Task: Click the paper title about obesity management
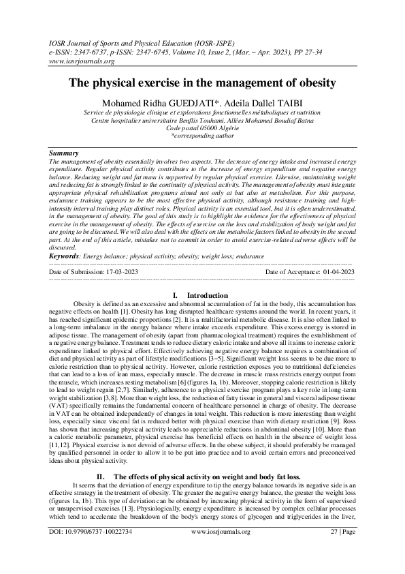tap(202, 83)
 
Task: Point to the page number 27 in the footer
tap(334, 549)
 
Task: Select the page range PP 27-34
tap(346, 50)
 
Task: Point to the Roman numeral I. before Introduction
tap(176, 294)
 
